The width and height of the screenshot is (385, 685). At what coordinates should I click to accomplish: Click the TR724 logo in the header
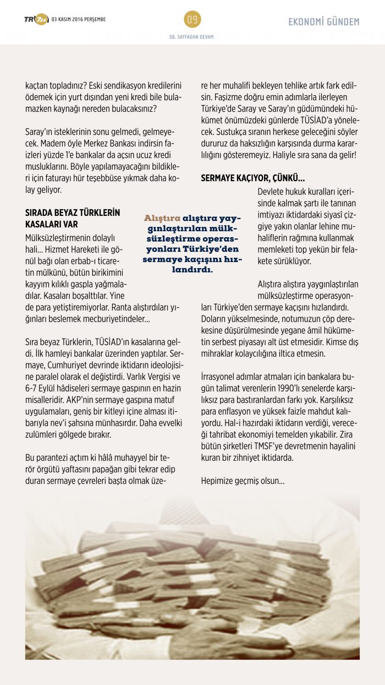tap(36, 20)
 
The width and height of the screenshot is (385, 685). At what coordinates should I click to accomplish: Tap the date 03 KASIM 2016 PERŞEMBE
tap(78, 20)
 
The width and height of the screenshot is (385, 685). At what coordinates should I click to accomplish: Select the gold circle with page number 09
tap(193, 20)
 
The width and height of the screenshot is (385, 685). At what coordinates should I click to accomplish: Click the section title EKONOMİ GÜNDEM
tap(324, 22)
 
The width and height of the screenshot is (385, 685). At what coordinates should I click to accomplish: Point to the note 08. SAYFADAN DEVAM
tap(192, 37)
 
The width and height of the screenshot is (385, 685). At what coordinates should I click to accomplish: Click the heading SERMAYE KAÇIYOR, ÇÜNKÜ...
tap(252, 178)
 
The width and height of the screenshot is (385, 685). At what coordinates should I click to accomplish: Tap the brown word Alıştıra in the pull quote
tap(162, 218)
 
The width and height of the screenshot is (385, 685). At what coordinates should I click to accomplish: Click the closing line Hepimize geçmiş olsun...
tap(243, 481)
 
